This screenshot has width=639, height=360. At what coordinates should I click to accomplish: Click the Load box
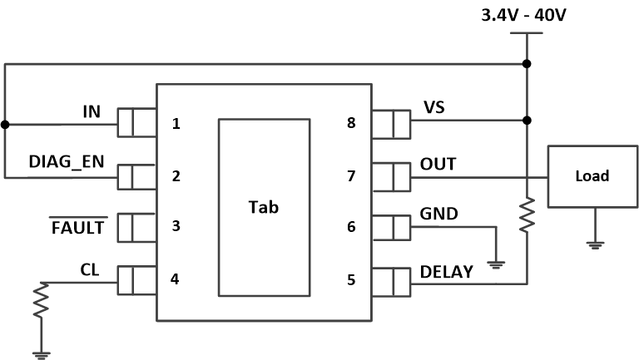coord(592,176)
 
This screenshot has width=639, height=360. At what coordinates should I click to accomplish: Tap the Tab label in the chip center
coord(263,208)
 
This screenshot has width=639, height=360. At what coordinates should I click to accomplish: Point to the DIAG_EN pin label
coord(67,161)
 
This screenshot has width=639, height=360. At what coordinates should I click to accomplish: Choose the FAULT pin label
coord(79,226)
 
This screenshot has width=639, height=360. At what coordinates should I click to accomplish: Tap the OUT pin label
coord(438,164)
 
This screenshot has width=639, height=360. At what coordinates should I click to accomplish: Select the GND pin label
coord(438,213)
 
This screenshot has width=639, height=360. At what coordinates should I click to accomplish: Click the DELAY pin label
coord(448,271)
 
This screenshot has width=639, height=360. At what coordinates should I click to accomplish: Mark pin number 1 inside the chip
coord(176,125)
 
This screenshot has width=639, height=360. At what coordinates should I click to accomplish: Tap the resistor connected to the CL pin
coord(40,303)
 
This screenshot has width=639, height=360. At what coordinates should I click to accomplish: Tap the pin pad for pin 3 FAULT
coord(136,227)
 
